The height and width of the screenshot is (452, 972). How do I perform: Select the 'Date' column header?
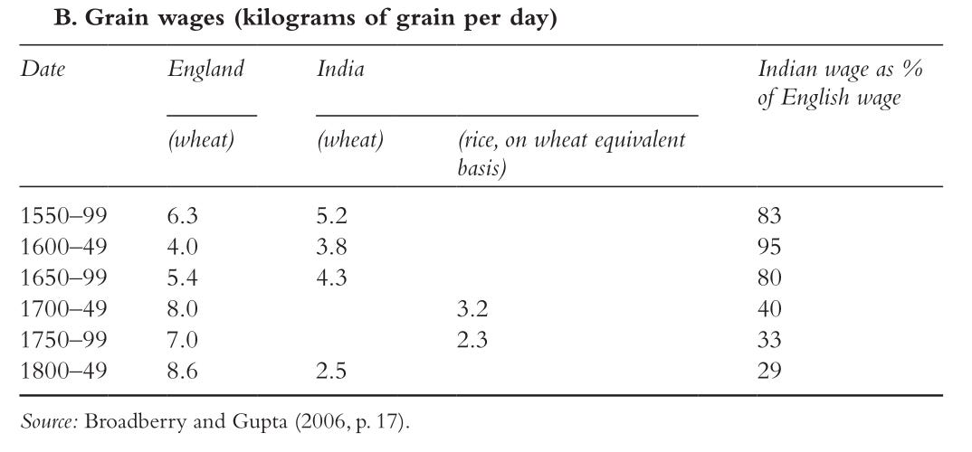[43, 69]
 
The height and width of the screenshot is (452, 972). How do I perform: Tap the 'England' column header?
[205, 70]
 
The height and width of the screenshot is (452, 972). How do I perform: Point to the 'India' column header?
[340, 69]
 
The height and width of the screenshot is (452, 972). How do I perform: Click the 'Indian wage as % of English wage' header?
[840, 83]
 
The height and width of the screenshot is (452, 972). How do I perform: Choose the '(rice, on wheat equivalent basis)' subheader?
[572, 153]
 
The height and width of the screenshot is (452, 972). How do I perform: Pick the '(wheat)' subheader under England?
[201, 140]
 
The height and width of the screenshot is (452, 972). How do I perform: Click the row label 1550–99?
[64, 216]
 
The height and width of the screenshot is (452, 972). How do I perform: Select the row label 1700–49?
[64, 309]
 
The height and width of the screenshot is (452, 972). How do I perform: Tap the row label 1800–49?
[64, 371]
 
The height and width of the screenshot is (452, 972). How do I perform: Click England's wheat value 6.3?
[182, 216]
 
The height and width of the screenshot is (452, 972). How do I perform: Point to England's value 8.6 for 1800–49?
[182, 371]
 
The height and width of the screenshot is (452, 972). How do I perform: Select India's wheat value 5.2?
[331, 216]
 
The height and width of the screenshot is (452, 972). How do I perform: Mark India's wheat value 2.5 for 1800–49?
[331, 371]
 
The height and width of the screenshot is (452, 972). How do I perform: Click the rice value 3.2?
[472, 309]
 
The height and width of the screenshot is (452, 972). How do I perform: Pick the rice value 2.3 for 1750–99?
[472, 340]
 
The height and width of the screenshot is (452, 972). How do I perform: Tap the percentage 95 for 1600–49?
[769, 247]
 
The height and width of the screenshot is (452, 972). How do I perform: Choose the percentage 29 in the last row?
[769, 371]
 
